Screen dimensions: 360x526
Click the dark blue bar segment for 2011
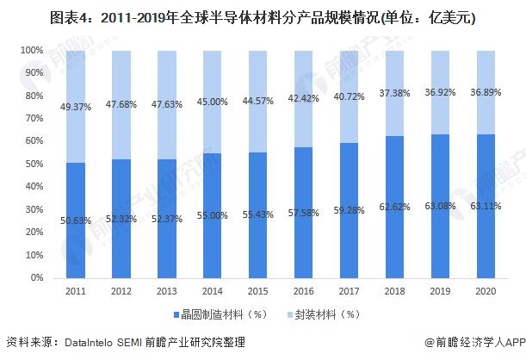(75, 220)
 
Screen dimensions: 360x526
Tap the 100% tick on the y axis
(31, 51)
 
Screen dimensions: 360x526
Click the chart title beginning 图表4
(263, 16)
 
